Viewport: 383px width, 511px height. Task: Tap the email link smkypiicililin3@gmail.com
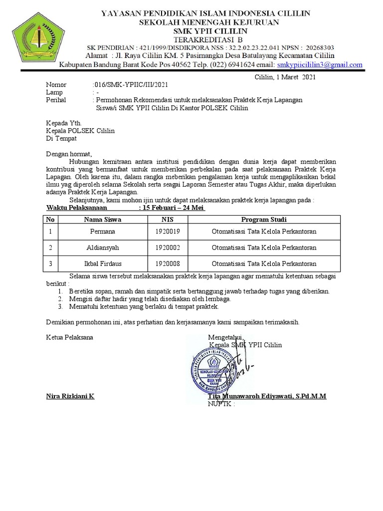pos(320,65)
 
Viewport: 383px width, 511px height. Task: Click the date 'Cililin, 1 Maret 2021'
pos(285,77)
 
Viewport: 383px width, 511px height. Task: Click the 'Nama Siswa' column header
pos(102,220)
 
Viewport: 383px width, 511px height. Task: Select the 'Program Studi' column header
pos(264,220)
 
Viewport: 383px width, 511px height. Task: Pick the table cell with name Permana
pos(102,232)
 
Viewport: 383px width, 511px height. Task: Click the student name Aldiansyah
pos(102,248)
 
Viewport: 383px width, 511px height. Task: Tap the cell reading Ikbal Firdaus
pos(102,263)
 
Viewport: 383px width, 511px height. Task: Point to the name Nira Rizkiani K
pos(70,396)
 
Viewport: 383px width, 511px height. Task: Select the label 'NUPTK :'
pos(221,404)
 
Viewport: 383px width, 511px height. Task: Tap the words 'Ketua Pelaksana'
pos(69,337)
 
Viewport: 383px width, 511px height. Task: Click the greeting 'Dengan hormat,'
pos(69,154)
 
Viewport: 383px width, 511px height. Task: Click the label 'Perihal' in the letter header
pos(56,100)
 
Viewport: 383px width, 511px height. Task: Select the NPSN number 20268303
pos(317,47)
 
